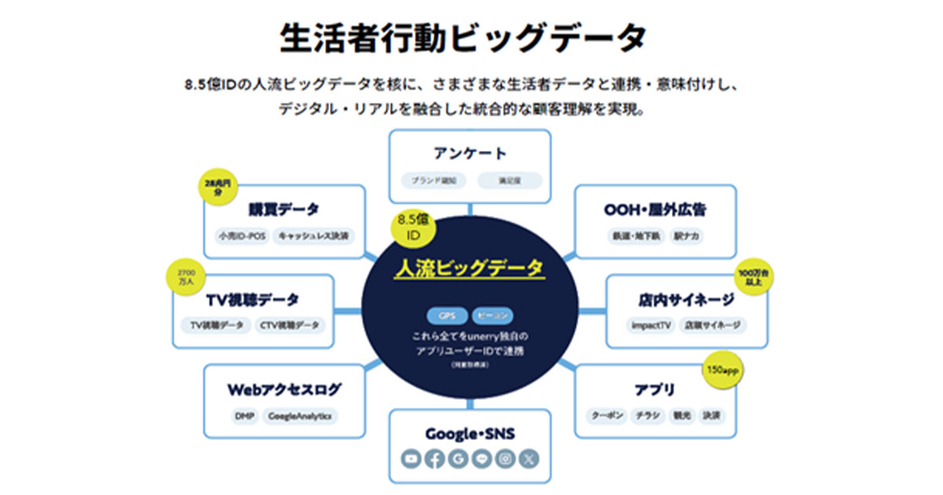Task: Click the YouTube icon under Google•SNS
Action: tap(412, 458)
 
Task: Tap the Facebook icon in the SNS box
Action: tap(435, 458)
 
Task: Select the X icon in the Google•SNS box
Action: tap(530, 458)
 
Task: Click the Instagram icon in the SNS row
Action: tap(506, 458)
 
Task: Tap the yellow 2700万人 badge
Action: tap(187, 277)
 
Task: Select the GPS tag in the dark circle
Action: tap(446, 316)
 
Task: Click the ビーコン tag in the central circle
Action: tap(494, 316)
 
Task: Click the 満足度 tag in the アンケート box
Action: tap(509, 180)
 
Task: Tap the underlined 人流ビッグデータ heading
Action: tap(468, 268)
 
